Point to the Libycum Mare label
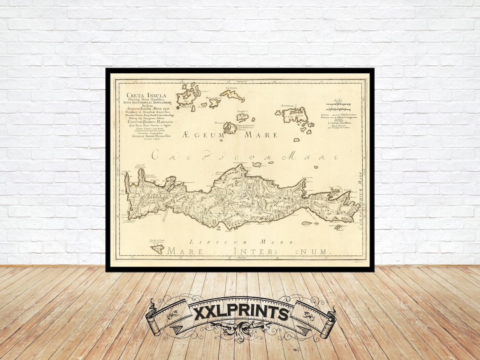click(242, 241)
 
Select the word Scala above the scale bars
click(340, 100)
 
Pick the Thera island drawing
click(230, 128)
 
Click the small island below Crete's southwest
click(157, 249)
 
